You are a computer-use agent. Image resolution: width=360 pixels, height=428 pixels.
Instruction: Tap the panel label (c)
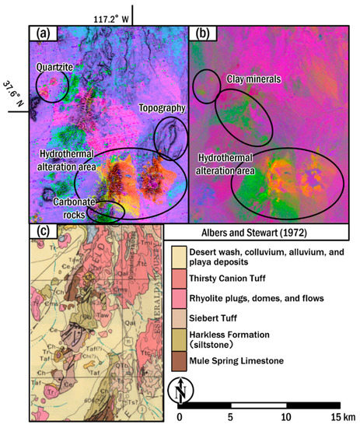click(40, 232)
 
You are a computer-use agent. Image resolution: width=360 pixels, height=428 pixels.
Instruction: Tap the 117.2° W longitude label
click(112, 16)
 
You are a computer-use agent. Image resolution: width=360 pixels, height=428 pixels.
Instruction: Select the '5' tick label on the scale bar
click(231, 416)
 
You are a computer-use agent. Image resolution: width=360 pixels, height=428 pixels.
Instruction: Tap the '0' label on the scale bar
click(180, 416)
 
